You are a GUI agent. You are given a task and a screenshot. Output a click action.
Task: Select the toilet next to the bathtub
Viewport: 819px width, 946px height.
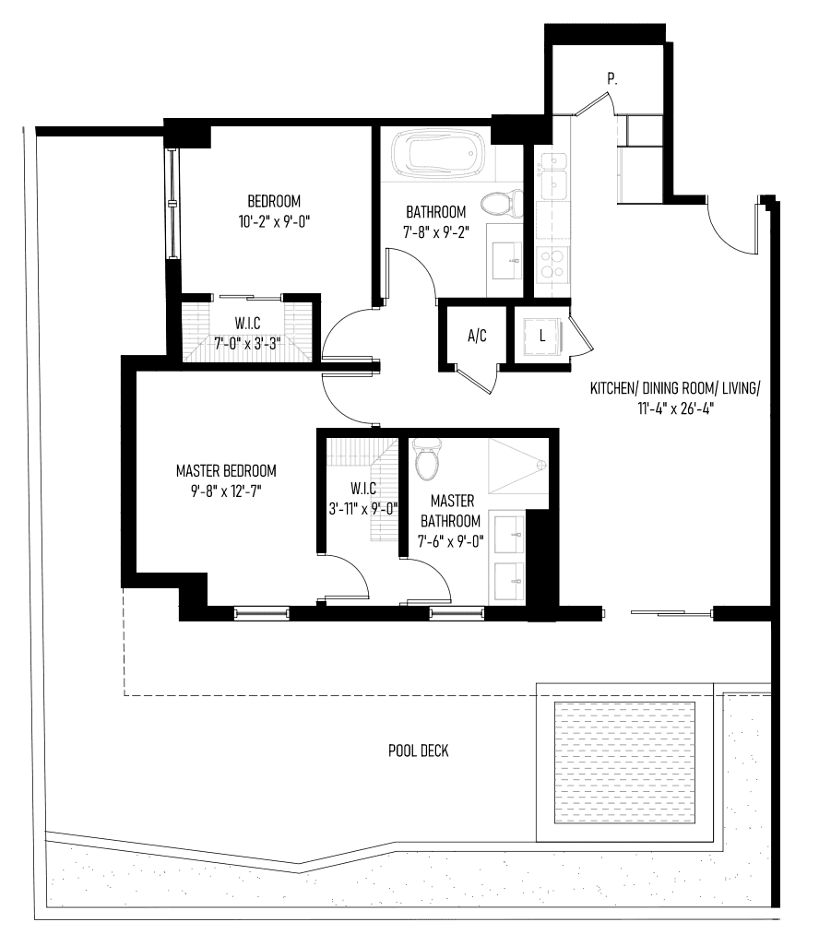tap(503, 205)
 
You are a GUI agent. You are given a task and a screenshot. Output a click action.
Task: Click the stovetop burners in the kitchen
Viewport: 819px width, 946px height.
tap(553, 265)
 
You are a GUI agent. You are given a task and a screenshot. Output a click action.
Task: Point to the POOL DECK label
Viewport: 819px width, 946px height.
tap(418, 751)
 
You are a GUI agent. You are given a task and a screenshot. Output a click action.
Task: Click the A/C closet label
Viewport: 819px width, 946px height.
tap(477, 336)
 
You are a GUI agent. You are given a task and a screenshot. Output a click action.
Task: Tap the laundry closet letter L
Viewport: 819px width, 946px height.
tap(542, 336)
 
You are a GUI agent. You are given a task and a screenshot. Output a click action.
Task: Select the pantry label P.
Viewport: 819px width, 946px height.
tap(612, 78)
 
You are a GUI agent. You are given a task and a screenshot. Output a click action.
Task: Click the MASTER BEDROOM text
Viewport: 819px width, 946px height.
tap(226, 470)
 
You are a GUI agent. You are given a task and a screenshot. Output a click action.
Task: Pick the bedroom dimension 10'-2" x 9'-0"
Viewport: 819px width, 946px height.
tap(274, 222)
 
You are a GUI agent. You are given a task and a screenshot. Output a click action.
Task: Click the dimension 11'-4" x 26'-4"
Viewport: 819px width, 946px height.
tap(676, 408)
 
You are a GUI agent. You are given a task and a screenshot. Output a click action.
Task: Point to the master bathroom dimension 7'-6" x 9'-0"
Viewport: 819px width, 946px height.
tap(451, 540)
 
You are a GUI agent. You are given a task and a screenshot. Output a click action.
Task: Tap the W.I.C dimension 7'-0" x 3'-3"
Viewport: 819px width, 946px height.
tap(248, 344)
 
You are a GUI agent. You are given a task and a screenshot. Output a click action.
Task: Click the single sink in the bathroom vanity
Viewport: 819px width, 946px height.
tap(507, 261)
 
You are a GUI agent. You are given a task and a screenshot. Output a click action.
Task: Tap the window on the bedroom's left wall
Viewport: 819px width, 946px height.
tap(173, 204)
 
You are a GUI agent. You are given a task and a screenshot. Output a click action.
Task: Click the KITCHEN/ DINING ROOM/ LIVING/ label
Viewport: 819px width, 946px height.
tap(675, 388)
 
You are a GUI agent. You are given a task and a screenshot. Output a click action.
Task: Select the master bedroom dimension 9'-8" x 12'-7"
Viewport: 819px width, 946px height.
tap(226, 491)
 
